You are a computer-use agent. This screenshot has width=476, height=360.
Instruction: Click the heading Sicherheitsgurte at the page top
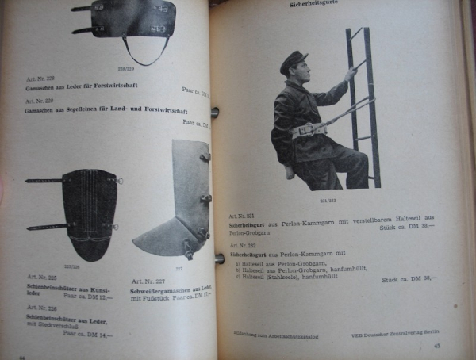[316, 6]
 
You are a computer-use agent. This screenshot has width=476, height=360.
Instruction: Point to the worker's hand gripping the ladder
[350, 73]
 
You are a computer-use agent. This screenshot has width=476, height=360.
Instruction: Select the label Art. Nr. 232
[240, 246]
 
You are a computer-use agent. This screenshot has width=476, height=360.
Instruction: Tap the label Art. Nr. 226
[41, 309]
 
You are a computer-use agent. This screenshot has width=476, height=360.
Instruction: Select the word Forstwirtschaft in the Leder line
[109, 90]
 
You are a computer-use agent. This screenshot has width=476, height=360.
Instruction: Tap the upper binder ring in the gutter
[215, 112]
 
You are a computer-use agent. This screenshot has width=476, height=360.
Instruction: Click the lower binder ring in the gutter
[218, 259]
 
